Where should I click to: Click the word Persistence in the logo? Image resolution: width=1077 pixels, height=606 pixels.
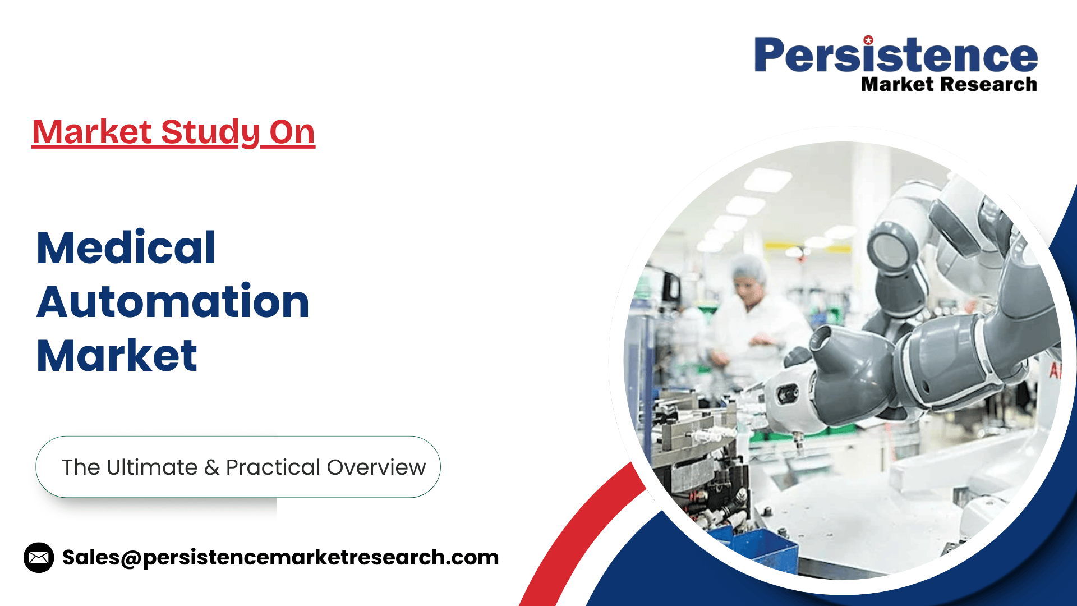896,55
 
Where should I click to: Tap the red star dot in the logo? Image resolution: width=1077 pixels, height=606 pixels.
868,40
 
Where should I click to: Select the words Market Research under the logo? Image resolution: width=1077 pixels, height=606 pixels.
949,84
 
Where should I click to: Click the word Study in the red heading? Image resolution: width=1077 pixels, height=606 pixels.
210,133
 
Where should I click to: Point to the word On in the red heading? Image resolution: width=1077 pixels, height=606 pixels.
292,132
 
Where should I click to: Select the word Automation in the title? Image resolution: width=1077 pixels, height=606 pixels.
173,301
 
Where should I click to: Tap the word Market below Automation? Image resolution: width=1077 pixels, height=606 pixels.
117,355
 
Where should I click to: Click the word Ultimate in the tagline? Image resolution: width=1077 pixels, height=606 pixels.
152,467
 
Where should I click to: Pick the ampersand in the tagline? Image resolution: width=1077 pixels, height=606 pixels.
211,467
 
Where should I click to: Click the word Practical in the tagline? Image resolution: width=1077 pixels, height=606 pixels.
273,467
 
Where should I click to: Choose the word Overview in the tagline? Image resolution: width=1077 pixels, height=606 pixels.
376,467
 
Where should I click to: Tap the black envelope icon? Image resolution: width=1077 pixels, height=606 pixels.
39,557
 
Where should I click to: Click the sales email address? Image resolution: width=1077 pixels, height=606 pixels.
280,557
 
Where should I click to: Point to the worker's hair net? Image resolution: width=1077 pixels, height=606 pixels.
749,268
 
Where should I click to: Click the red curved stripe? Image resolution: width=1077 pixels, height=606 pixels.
578,532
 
